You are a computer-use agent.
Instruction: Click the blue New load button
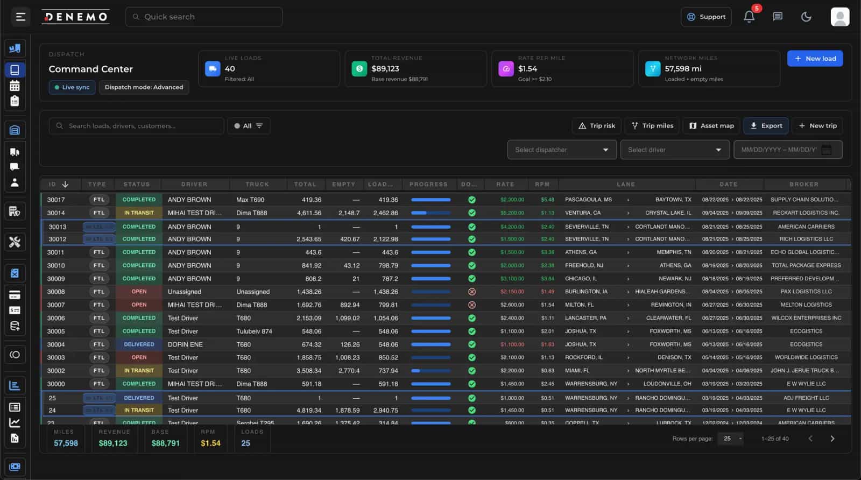(x=815, y=59)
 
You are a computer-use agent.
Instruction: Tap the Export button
(x=766, y=126)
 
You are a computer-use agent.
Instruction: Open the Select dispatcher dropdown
(x=561, y=150)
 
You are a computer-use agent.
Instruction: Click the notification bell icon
(x=749, y=17)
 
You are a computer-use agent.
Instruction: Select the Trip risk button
(x=596, y=126)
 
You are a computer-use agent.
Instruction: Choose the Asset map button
(x=711, y=126)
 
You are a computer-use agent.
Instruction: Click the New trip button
(x=817, y=126)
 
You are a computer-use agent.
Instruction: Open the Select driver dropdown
(x=674, y=150)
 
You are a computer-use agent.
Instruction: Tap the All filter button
(x=248, y=126)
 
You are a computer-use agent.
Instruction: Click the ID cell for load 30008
(x=56, y=292)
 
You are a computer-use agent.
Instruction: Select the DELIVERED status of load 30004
(x=139, y=344)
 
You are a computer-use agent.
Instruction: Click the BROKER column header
(x=803, y=184)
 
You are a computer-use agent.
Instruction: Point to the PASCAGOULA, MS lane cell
(x=588, y=200)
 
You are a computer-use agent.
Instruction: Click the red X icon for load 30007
(x=472, y=305)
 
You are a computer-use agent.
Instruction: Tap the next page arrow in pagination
(x=832, y=439)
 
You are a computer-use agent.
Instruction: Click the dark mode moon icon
(x=806, y=17)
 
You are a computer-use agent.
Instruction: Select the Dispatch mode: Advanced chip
(x=144, y=87)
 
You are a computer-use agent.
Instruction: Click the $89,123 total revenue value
(x=385, y=69)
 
